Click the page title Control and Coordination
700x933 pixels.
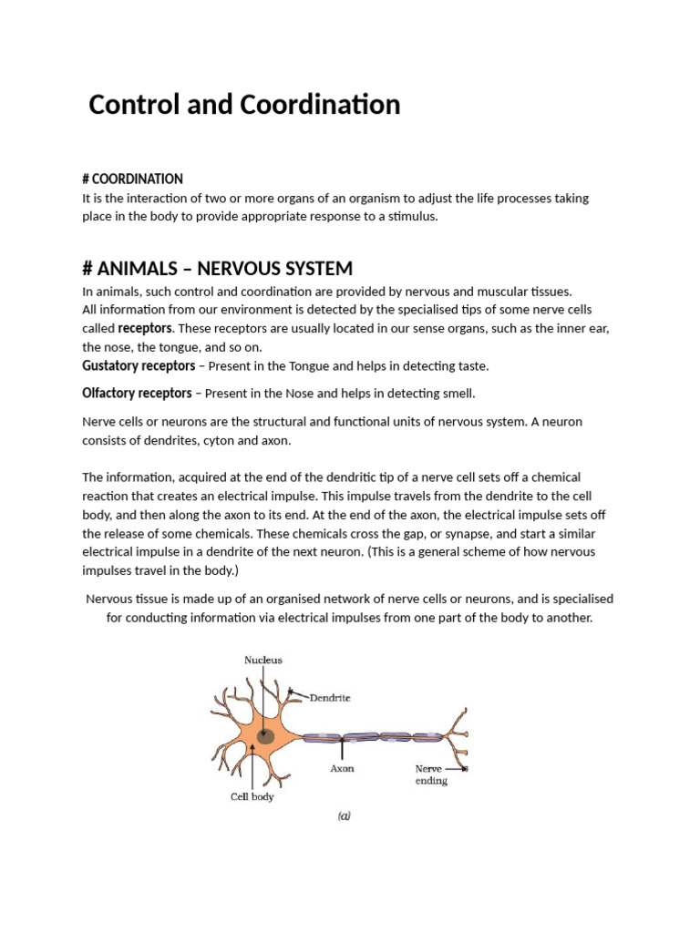(244, 105)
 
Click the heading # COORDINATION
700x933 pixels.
(132, 179)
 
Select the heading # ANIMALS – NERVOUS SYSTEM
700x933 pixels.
(217, 269)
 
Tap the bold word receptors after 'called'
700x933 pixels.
(145, 328)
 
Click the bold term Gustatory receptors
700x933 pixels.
(139, 365)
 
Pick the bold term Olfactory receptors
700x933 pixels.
(137, 393)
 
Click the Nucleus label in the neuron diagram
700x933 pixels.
(262, 660)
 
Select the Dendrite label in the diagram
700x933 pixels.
(330, 698)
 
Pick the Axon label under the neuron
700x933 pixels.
(342, 769)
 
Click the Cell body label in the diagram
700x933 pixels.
(252, 796)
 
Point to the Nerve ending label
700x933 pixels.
(431, 774)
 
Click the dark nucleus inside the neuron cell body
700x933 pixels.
(265, 735)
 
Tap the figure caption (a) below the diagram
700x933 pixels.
(344, 816)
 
